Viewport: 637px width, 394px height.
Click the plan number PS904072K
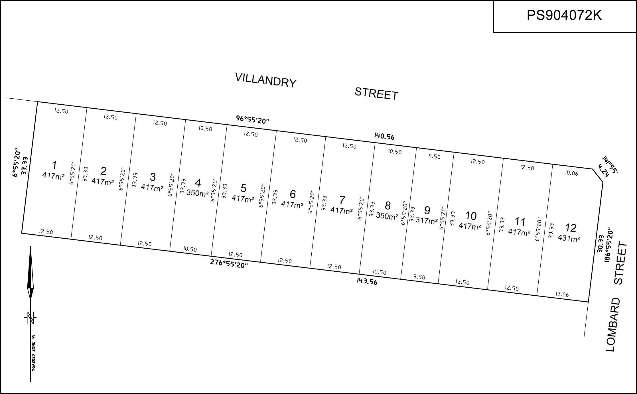(x=564, y=15)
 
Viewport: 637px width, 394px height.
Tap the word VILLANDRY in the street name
(x=266, y=80)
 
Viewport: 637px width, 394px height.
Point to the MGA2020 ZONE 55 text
(x=34, y=353)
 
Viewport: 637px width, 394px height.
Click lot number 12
(x=571, y=228)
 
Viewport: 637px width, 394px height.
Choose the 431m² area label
(x=569, y=238)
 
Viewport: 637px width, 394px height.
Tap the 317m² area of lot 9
(x=427, y=220)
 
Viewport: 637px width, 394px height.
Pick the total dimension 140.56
(x=384, y=137)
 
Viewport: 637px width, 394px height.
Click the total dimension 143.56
(x=367, y=281)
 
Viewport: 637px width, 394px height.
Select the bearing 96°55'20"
(x=253, y=120)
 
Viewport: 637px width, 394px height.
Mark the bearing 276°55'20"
(x=229, y=263)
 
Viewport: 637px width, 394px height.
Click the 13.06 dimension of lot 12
(x=562, y=294)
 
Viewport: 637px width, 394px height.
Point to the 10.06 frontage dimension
(x=571, y=173)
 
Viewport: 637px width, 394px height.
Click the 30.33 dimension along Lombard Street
(x=601, y=243)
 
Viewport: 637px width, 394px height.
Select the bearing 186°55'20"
(x=608, y=245)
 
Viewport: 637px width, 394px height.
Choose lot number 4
(x=198, y=183)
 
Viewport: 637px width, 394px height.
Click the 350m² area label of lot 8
(x=387, y=216)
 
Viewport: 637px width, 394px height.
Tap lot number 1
(x=54, y=165)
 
